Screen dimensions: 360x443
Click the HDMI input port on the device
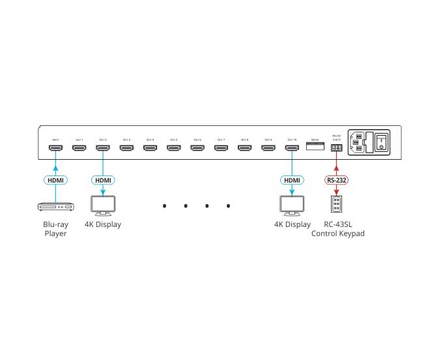(56, 149)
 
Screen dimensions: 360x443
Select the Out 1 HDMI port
(79, 149)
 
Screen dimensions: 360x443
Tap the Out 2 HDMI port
(103, 149)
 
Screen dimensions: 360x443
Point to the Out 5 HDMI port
(173, 149)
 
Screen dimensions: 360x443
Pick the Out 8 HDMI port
(244, 149)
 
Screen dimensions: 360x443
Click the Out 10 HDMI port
(292, 149)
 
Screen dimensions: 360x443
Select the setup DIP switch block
(315, 147)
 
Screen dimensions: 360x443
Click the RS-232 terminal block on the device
(336, 149)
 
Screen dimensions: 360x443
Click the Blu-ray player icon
(56, 207)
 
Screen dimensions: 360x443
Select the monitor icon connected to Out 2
(103, 206)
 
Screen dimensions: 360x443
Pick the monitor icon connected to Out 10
(292, 206)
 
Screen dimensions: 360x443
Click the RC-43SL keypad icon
(336, 205)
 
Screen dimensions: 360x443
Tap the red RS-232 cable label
(336, 179)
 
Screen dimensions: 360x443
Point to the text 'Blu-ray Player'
(56, 229)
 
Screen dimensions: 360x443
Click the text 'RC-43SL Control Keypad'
(337, 229)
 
